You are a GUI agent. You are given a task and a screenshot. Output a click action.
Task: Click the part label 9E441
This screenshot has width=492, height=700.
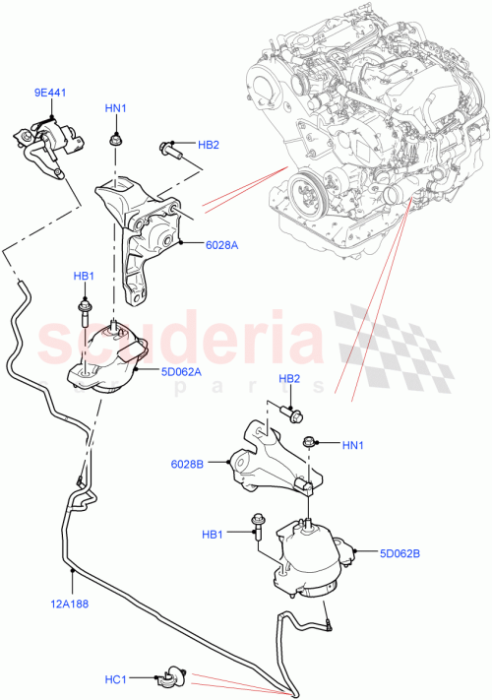click(x=49, y=93)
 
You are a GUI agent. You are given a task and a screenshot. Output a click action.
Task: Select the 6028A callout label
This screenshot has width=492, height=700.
click(x=223, y=245)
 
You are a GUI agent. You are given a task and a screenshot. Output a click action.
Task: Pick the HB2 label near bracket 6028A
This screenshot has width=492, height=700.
click(x=208, y=145)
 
